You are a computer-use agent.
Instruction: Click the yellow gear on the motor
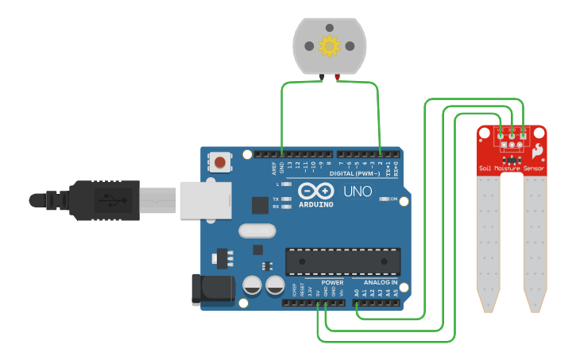tap(329, 46)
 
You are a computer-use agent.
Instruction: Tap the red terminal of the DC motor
tap(338, 78)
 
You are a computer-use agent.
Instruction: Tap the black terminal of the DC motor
tap(321, 78)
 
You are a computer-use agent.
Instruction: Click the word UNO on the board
tap(357, 192)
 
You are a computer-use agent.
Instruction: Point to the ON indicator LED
tap(383, 199)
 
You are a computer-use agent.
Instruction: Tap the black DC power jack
tap(211, 289)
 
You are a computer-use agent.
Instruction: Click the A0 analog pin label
tap(357, 292)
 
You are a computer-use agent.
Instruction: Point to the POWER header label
tap(332, 282)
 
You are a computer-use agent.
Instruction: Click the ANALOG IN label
tap(380, 282)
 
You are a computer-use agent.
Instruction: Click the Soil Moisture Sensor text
tap(512, 168)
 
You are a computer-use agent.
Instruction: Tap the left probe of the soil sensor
tap(488, 242)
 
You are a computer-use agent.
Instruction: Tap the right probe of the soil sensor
tap(535, 242)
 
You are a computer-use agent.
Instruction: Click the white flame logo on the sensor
tap(538, 149)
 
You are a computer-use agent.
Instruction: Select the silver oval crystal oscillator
tap(256, 231)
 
